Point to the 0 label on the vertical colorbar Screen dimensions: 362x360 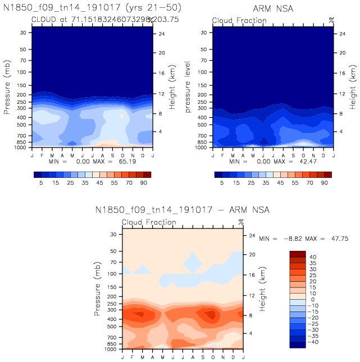314,299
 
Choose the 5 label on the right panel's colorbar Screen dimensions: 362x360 222,184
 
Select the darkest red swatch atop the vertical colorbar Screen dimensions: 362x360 298,255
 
